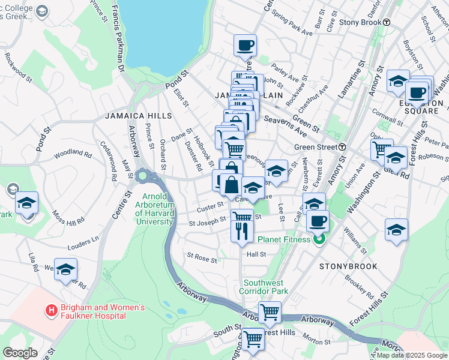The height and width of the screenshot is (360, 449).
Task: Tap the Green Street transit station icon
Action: click(x=342, y=147)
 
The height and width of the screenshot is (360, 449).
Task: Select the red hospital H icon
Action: click(x=52, y=311)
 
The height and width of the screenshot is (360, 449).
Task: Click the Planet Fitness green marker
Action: click(x=319, y=239)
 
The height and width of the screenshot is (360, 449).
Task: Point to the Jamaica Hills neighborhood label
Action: click(x=138, y=115)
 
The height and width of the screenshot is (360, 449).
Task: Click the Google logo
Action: click(x=20, y=353)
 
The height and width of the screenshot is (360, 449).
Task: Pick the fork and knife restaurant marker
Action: click(x=242, y=231)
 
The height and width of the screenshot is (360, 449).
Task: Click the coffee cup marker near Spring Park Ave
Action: click(x=245, y=45)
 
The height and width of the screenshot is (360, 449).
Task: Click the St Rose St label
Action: click(x=202, y=259)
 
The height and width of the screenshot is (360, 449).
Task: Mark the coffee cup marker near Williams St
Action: click(x=317, y=221)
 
